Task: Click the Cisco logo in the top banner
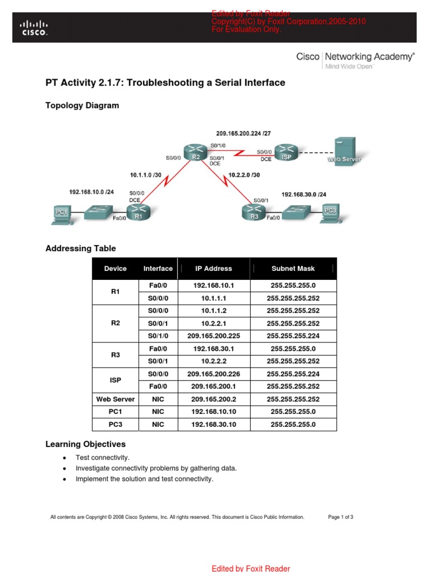click(34, 28)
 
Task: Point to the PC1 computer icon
click(61, 213)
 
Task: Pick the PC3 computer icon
click(330, 212)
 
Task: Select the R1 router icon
click(138, 213)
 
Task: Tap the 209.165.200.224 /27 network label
click(244, 133)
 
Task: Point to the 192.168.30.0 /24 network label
click(305, 194)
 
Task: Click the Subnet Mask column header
click(293, 269)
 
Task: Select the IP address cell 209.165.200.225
click(213, 336)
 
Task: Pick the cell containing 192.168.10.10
click(213, 412)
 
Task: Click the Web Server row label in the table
click(115, 399)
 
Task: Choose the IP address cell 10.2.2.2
click(213, 361)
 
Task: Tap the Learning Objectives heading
click(85, 445)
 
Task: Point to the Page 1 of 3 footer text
click(340, 517)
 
